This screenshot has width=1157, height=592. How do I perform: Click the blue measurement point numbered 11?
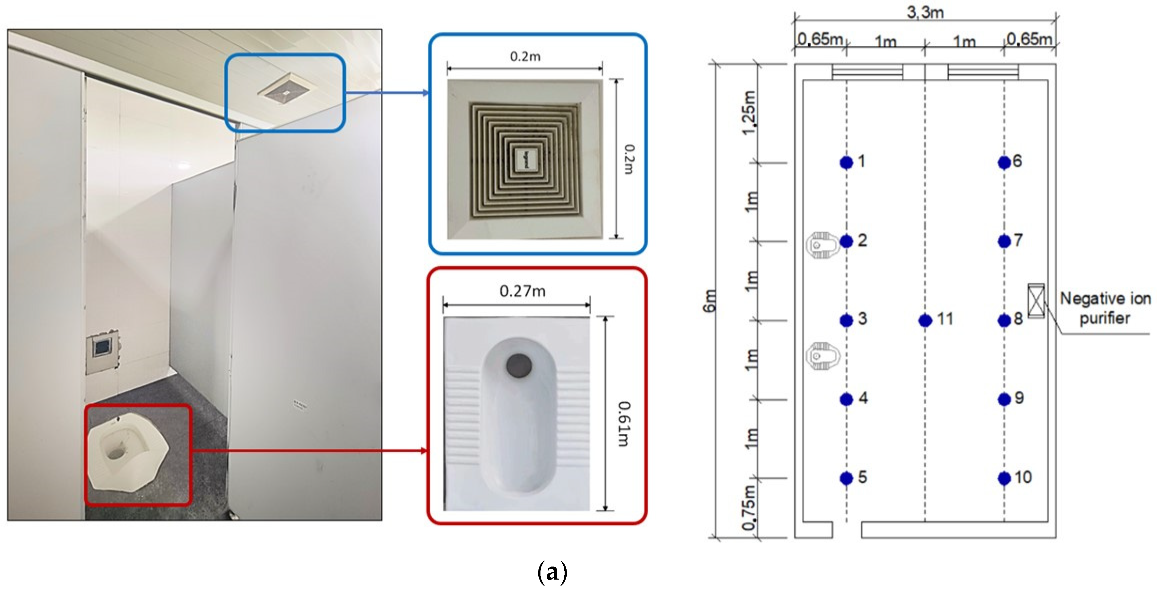pos(925,320)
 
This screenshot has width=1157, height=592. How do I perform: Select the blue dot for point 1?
pos(846,163)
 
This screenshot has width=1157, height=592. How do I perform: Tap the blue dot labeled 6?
pos(1004,163)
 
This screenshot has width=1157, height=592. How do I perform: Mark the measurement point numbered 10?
pos(1004,478)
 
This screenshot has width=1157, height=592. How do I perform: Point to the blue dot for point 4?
pos(846,399)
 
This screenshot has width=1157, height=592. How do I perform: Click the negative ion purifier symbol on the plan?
pos(1036,301)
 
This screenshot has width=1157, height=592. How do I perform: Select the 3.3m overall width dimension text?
pos(925,12)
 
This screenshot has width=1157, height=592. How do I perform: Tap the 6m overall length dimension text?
pos(709,301)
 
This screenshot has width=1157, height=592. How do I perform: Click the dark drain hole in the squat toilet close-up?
pos(519,365)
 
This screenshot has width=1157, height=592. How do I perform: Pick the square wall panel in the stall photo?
pos(103,348)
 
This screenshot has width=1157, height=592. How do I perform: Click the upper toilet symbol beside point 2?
pos(822,245)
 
